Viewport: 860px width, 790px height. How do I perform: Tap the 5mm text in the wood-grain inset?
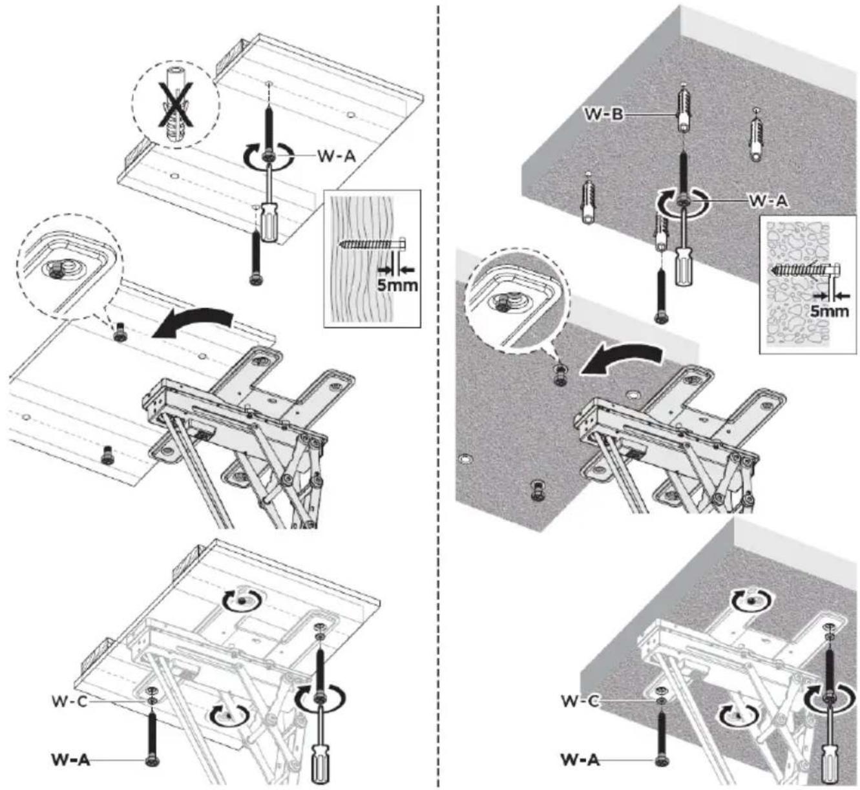(x=397, y=285)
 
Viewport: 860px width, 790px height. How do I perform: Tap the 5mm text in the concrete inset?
(x=829, y=311)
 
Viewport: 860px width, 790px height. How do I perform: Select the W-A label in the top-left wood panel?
(x=336, y=156)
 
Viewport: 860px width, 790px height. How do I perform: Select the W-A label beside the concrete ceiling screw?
(x=768, y=200)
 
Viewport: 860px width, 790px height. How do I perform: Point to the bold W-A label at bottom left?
(x=70, y=760)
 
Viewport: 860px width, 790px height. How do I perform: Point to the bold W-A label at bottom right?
(x=580, y=760)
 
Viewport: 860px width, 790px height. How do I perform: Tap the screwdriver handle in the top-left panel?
(x=266, y=223)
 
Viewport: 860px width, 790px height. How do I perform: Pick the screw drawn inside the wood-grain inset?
(x=372, y=245)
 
